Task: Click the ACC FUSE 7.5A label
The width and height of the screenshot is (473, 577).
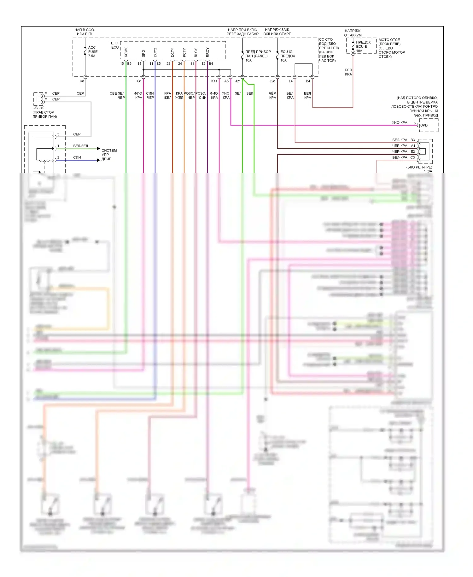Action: click(93, 52)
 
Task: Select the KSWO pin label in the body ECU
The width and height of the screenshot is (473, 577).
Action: click(126, 52)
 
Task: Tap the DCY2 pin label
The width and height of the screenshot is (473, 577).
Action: click(155, 52)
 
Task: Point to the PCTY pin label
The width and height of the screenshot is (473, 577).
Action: click(184, 52)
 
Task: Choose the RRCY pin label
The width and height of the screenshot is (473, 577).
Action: click(207, 52)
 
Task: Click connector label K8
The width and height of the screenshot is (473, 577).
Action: click(82, 81)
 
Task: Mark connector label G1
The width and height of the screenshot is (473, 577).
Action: click(139, 81)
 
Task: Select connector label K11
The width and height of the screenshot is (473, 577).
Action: click(214, 81)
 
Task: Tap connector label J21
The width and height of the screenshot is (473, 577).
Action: click(238, 81)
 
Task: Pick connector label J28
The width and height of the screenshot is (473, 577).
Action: click(272, 81)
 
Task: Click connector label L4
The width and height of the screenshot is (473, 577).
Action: click(291, 81)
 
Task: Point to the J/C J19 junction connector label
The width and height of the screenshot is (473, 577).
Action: click(38, 108)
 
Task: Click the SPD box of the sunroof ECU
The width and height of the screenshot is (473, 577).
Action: click(424, 125)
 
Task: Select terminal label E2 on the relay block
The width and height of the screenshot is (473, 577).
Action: click(413, 152)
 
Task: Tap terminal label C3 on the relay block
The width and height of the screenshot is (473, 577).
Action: click(413, 157)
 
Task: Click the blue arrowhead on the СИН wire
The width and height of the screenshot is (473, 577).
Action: click(98, 160)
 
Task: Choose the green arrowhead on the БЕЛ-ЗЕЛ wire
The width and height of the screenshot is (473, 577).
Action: click(98, 149)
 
